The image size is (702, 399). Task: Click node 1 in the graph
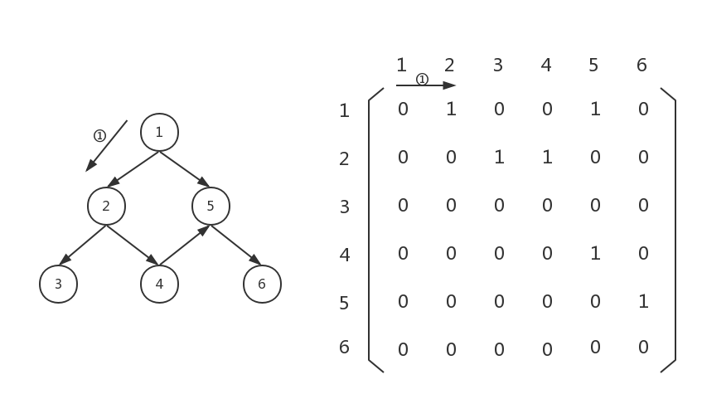[x=159, y=132]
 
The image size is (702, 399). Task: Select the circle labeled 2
[x=106, y=206]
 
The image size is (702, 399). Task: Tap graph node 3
[x=58, y=284]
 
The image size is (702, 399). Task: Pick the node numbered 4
[x=159, y=284]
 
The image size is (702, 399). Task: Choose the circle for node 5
[x=211, y=206]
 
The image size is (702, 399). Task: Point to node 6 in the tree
[x=262, y=284]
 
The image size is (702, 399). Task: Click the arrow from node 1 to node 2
[x=133, y=169]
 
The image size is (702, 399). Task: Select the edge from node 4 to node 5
[x=184, y=246]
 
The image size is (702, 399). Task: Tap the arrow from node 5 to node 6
[x=236, y=245]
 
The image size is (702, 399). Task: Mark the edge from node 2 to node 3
[x=82, y=245]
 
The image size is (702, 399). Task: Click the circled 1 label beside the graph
[x=99, y=136]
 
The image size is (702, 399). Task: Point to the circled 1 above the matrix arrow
[x=422, y=80]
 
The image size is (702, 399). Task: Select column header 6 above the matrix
[x=641, y=65]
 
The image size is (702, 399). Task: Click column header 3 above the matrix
[x=497, y=65]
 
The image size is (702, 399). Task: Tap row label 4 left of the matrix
[x=345, y=255]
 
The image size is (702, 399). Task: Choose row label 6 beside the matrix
[x=345, y=348]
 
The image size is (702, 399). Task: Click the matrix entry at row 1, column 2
[x=451, y=109]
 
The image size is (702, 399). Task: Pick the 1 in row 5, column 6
[x=643, y=301]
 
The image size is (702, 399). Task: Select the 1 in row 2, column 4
[x=547, y=157]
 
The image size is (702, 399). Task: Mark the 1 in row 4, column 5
[x=595, y=253]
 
